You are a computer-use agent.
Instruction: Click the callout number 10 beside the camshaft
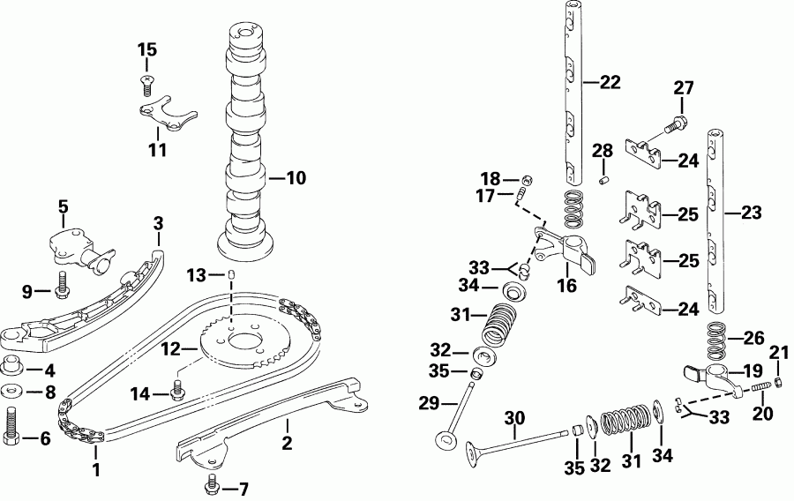pyautogui.click(x=296, y=178)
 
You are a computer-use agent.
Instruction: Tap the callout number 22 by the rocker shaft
pyautogui.click(x=610, y=82)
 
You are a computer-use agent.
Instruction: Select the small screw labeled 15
pyautogui.click(x=147, y=85)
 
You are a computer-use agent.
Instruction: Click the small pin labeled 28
pyautogui.click(x=604, y=181)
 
